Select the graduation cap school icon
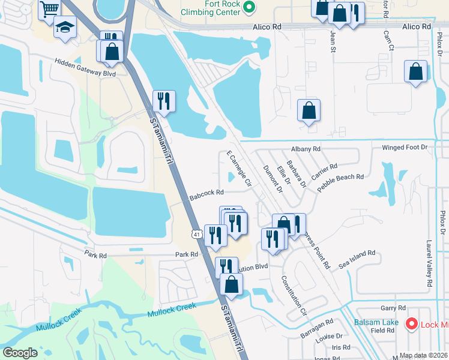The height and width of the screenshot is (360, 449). click(x=64, y=26)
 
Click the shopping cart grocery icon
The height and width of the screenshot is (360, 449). click(x=49, y=8)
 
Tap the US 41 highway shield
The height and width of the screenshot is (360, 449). click(x=196, y=234)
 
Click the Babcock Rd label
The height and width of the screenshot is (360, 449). click(x=206, y=193)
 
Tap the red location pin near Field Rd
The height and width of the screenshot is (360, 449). click(x=411, y=324)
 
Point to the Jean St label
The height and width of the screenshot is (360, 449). click(x=332, y=43)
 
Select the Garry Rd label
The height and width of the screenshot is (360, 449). click(x=393, y=308)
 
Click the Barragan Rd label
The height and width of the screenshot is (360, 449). click(x=317, y=327)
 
